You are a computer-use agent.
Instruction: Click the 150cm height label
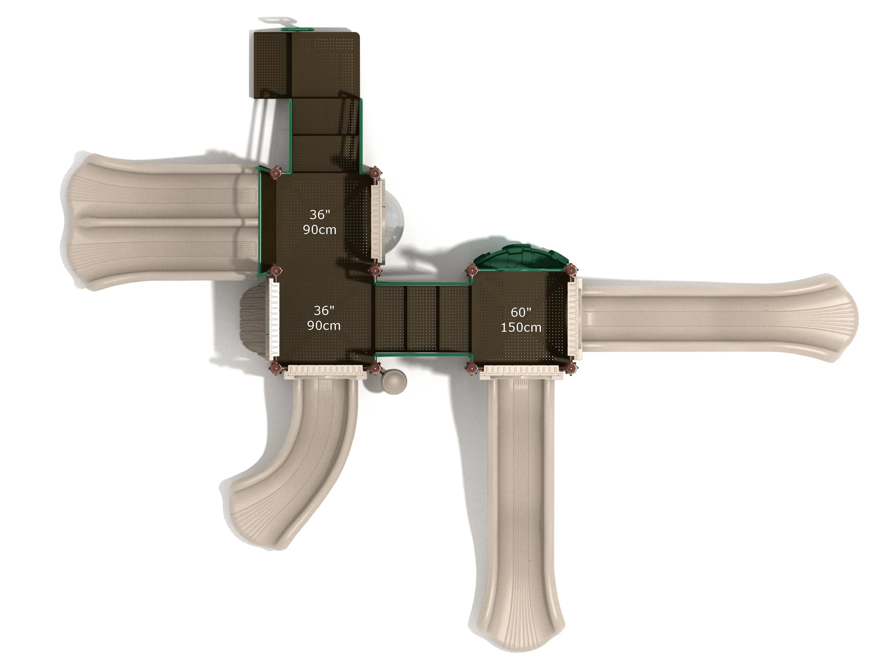tap(521, 327)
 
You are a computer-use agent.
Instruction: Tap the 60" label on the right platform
tap(521, 312)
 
